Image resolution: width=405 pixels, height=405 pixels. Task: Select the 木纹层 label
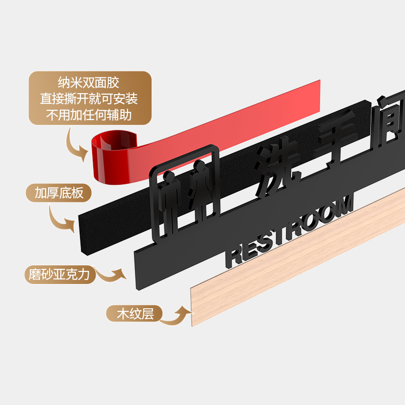(135, 314)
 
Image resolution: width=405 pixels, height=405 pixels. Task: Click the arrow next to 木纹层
(177, 314)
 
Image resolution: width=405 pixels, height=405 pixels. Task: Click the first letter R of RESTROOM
(235, 256)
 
